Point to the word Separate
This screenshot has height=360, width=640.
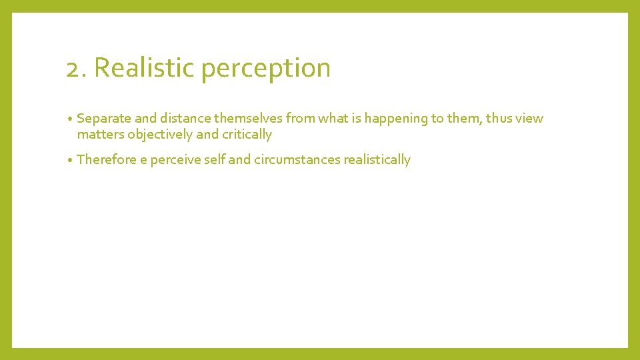104,119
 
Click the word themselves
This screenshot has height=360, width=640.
247,119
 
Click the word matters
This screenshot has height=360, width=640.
101,135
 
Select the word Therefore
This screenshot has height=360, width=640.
107,160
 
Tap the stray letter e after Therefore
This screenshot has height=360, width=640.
143,161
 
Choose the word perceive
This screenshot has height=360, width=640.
175,161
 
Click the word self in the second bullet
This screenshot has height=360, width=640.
213,160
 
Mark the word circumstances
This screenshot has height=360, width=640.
297,160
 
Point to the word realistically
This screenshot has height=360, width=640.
377,161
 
